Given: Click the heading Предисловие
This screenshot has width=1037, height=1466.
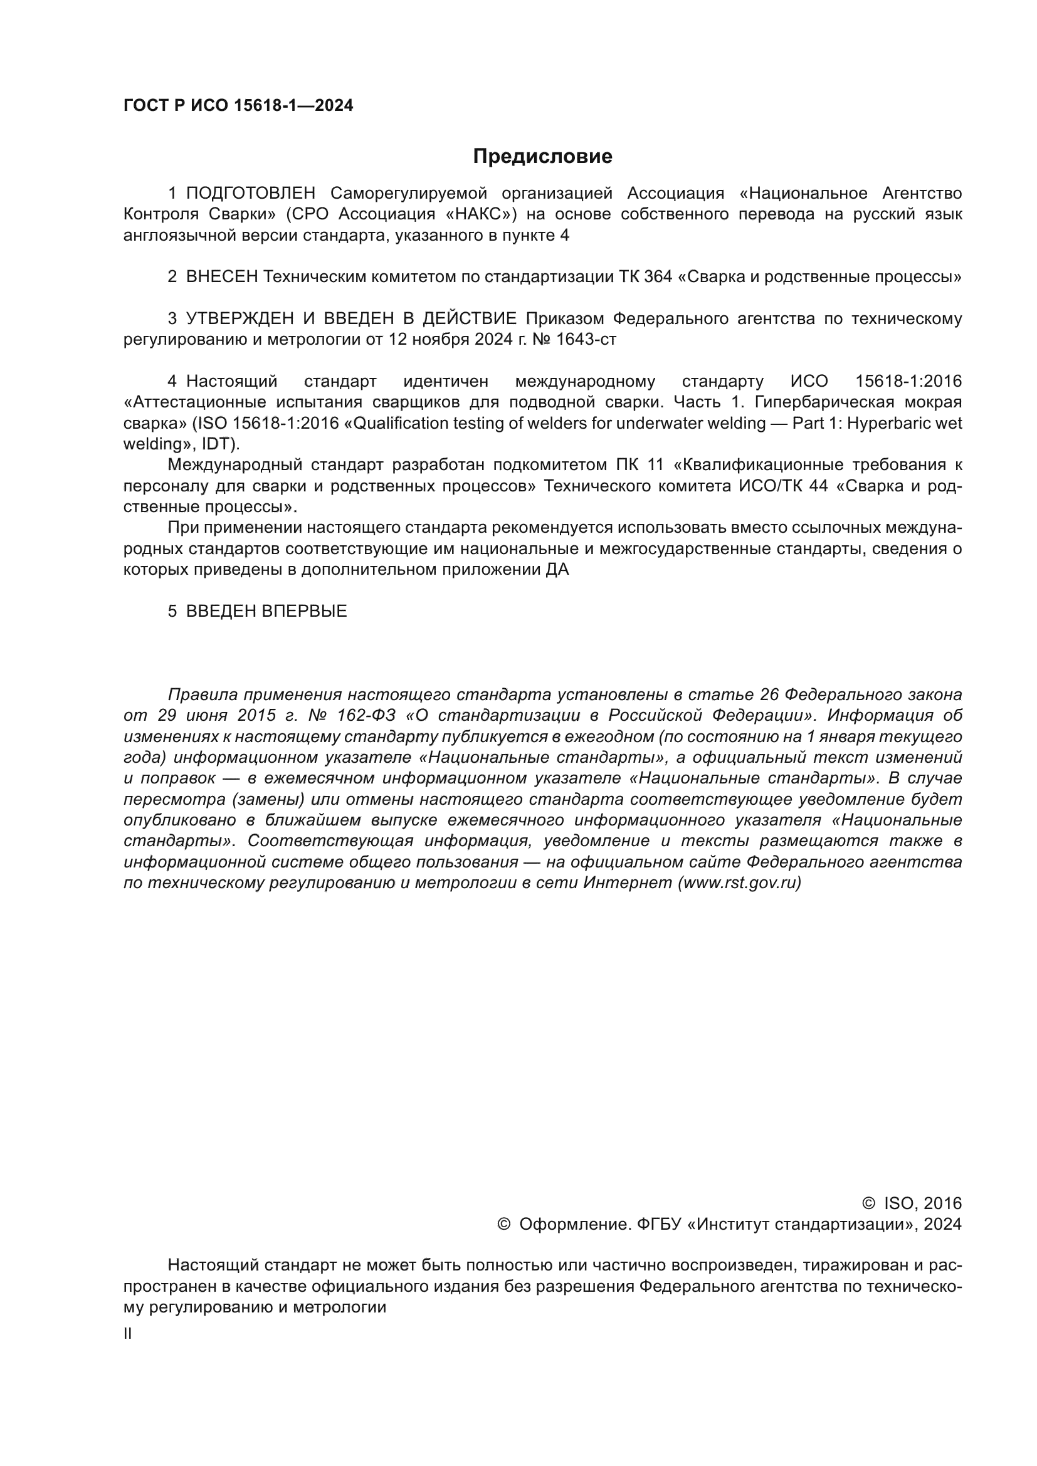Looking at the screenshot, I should coord(542,157).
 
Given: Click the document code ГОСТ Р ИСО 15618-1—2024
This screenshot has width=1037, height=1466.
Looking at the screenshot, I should coord(238,106).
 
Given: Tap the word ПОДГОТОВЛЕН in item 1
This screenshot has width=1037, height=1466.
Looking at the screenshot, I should coord(250,194).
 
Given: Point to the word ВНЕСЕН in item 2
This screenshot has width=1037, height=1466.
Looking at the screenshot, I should coord(221,277).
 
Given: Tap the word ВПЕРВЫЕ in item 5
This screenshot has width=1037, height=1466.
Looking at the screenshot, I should coord(305,612).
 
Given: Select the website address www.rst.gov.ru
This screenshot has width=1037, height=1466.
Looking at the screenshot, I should coord(739,883).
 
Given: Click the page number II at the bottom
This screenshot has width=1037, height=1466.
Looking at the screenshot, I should coord(128,1334).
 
